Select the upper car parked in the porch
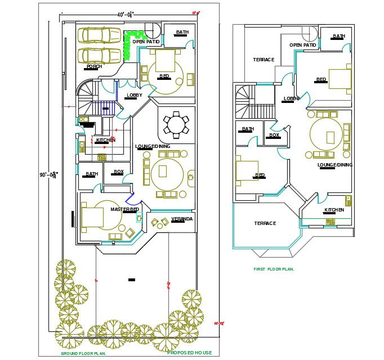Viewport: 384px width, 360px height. (x=99, y=35)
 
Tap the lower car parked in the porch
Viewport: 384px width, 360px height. (x=99, y=56)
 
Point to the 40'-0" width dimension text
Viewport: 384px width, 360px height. (x=126, y=14)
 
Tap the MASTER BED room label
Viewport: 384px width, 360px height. (x=124, y=210)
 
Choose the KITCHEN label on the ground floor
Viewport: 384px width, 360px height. (x=105, y=140)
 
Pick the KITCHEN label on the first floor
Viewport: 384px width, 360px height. (x=334, y=210)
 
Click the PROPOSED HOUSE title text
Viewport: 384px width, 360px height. (x=190, y=353)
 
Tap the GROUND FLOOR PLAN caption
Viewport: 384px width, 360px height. (x=83, y=354)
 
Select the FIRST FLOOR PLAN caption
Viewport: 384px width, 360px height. (x=274, y=269)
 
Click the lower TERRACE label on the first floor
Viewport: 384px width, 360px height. (x=265, y=223)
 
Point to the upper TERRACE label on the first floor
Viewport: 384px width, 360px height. (x=264, y=60)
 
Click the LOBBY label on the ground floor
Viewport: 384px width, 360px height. (x=135, y=95)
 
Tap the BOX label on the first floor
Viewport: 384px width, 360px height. (x=274, y=135)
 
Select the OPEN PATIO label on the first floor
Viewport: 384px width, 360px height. (x=303, y=45)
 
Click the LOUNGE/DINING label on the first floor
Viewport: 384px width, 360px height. (x=335, y=165)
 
